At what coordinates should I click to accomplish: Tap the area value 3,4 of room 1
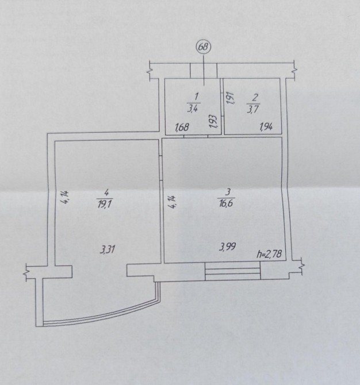click(x=193, y=108)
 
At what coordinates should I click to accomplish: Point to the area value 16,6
click(x=225, y=203)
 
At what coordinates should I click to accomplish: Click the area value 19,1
click(x=105, y=204)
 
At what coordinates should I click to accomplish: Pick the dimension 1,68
click(x=182, y=127)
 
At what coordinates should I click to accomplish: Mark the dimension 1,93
click(x=214, y=122)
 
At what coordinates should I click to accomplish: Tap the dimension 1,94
click(x=266, y=127)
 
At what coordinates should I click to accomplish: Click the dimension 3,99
click(x=228, y=247)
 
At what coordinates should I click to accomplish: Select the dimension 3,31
click(x=108, y=250)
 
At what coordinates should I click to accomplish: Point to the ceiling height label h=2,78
click(x=269, y=254)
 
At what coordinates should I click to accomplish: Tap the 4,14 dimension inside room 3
click(x=173, y=202)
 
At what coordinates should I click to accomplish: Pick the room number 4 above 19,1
click(x=106, y=193)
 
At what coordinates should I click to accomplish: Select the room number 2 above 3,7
click(x=255, y=98)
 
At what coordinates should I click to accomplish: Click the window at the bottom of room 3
click(x=232, y=271)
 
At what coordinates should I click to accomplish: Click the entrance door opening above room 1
click(x=204, y=71)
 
